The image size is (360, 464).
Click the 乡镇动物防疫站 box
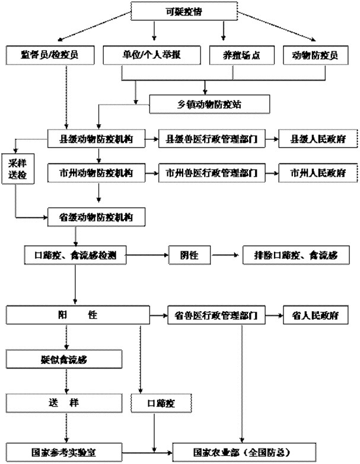(209, 104)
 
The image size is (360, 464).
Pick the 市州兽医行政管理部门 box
(212, 173)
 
